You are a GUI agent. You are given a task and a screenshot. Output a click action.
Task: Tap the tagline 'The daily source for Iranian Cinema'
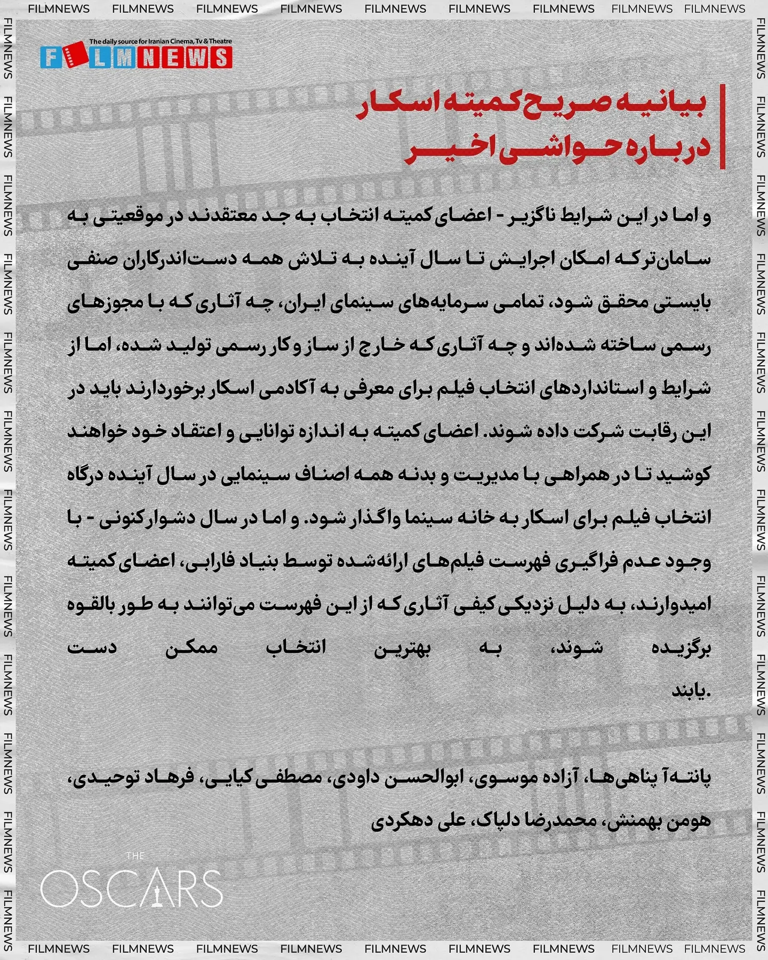pos(161,41)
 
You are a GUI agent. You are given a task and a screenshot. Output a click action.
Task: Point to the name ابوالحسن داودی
pos(395,778)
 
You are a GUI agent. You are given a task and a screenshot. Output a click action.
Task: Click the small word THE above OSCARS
pos(135,856)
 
